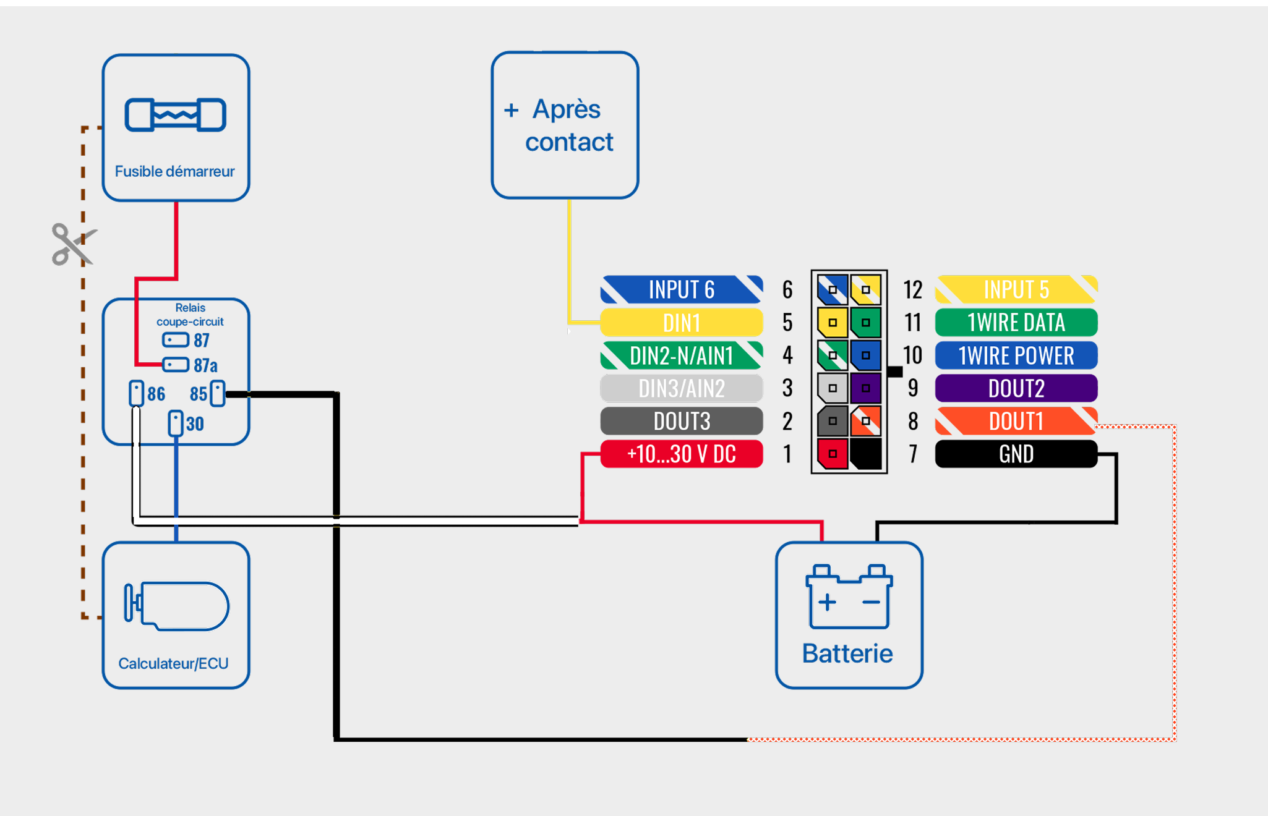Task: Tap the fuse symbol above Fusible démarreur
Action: click(x=176, y=115)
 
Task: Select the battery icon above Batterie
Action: click(x=849, y=597)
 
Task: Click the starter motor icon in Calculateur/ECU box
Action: click(x=177, y=606)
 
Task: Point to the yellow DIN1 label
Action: click(x=681, y=323)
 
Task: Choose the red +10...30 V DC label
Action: click(x=681, y=454)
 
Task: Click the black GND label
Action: click(x=1016, y=454)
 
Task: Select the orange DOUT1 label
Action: click(x=1016, y=422)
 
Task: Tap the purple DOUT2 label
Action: click(x=1016, y=388)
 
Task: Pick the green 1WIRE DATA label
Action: click(x=1016, y=323)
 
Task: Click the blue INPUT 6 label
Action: click(x=681, y=289)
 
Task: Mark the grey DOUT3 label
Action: click(x=681, y=422)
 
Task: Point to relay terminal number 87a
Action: click(x=205, y=365)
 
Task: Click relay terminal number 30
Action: click(x=195, y=424)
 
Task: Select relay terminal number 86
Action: click(x=156, y=394)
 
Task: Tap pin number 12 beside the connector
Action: click(x=912, y=290)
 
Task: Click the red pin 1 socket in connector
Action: click(x=833, y=454)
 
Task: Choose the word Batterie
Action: click(x=847, y=653)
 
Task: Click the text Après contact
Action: click(x=568, y=125)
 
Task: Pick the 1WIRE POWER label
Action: click(x=1016, y=355)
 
